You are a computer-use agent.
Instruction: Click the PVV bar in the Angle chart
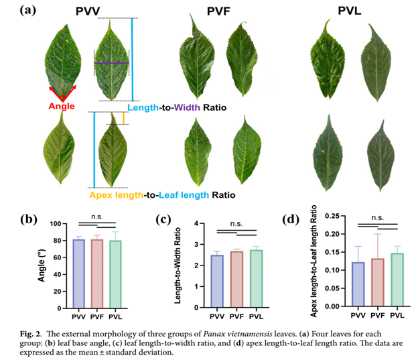point(78,272)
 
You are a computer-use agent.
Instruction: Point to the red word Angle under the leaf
point(62,106)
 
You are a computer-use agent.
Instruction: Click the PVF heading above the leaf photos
point(216,10)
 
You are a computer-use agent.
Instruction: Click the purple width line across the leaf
point(111,63)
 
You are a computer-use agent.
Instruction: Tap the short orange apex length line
point(123,119)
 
